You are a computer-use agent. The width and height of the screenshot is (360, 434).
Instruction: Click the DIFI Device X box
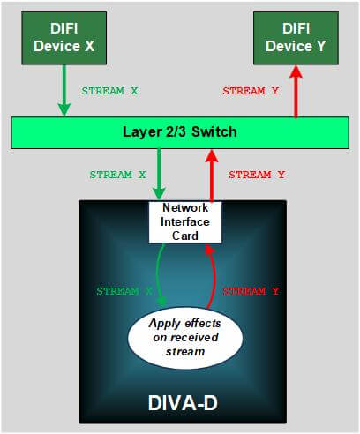[x=64, y=38]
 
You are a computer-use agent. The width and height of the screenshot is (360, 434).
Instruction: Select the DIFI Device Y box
[x=296, y=38]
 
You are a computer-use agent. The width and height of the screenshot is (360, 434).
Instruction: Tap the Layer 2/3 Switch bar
[x=180, y=132]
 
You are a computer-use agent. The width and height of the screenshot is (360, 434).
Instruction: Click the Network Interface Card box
[x=185, y=222]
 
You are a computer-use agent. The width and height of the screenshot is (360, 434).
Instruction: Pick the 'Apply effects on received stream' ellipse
[x=185, y=338]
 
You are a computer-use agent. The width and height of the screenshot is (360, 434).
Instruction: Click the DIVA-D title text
[x=183, y=403]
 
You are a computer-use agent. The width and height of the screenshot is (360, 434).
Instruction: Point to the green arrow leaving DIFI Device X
[x=64, y=90]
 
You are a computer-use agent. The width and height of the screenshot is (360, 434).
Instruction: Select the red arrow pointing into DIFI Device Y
[x=296, y=91]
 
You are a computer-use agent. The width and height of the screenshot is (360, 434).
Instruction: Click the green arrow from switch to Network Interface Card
[x=159, y=174]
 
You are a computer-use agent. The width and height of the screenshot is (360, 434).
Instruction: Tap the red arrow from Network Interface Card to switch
[x=212, y=176]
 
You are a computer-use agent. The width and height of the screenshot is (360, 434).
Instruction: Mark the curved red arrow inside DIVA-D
[x=213, y=276]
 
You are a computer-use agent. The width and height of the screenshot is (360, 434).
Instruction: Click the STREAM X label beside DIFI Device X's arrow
[x=109, y=91]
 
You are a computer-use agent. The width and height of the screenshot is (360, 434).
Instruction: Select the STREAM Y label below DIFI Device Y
[x=251, y=91]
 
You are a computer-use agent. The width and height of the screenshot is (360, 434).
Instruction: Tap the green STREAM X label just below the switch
[x=117, y=175]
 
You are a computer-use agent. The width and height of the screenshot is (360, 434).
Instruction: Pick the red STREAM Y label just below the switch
[x=257, y=175]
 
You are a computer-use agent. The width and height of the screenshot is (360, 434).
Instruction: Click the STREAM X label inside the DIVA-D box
[x=124, y=291]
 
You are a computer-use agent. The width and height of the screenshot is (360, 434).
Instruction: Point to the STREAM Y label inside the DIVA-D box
[x=251, y=291]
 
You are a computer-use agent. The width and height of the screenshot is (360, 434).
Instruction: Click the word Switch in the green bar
[x=214, y=131]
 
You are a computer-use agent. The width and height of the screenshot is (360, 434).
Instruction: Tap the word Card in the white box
[x=185, y=236]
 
